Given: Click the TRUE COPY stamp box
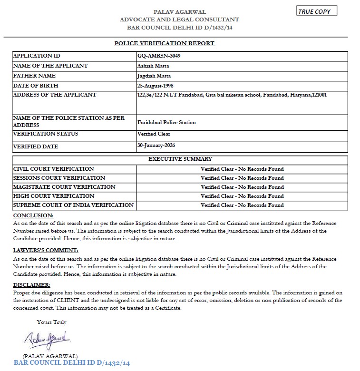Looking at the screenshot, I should pos(316,11).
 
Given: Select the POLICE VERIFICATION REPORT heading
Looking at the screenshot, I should pos(165,43).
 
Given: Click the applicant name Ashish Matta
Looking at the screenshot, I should pos(153,66).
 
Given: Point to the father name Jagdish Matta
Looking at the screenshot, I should pos(154,76).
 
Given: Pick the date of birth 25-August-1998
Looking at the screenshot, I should pos(156,86).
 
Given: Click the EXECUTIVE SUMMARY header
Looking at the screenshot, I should pos(180,159).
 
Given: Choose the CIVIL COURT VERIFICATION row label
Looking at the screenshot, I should pos(53,169).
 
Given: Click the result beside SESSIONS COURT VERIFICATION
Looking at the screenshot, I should pos(242,178).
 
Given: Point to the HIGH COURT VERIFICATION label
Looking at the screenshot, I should pos(54,196).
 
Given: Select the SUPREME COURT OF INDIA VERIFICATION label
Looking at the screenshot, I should pos(73,205).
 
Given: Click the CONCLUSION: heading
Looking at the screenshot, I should pos(33,216).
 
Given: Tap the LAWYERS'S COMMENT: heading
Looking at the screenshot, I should pos(46,250).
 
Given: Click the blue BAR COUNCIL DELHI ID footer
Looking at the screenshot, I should pos(72,363).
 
